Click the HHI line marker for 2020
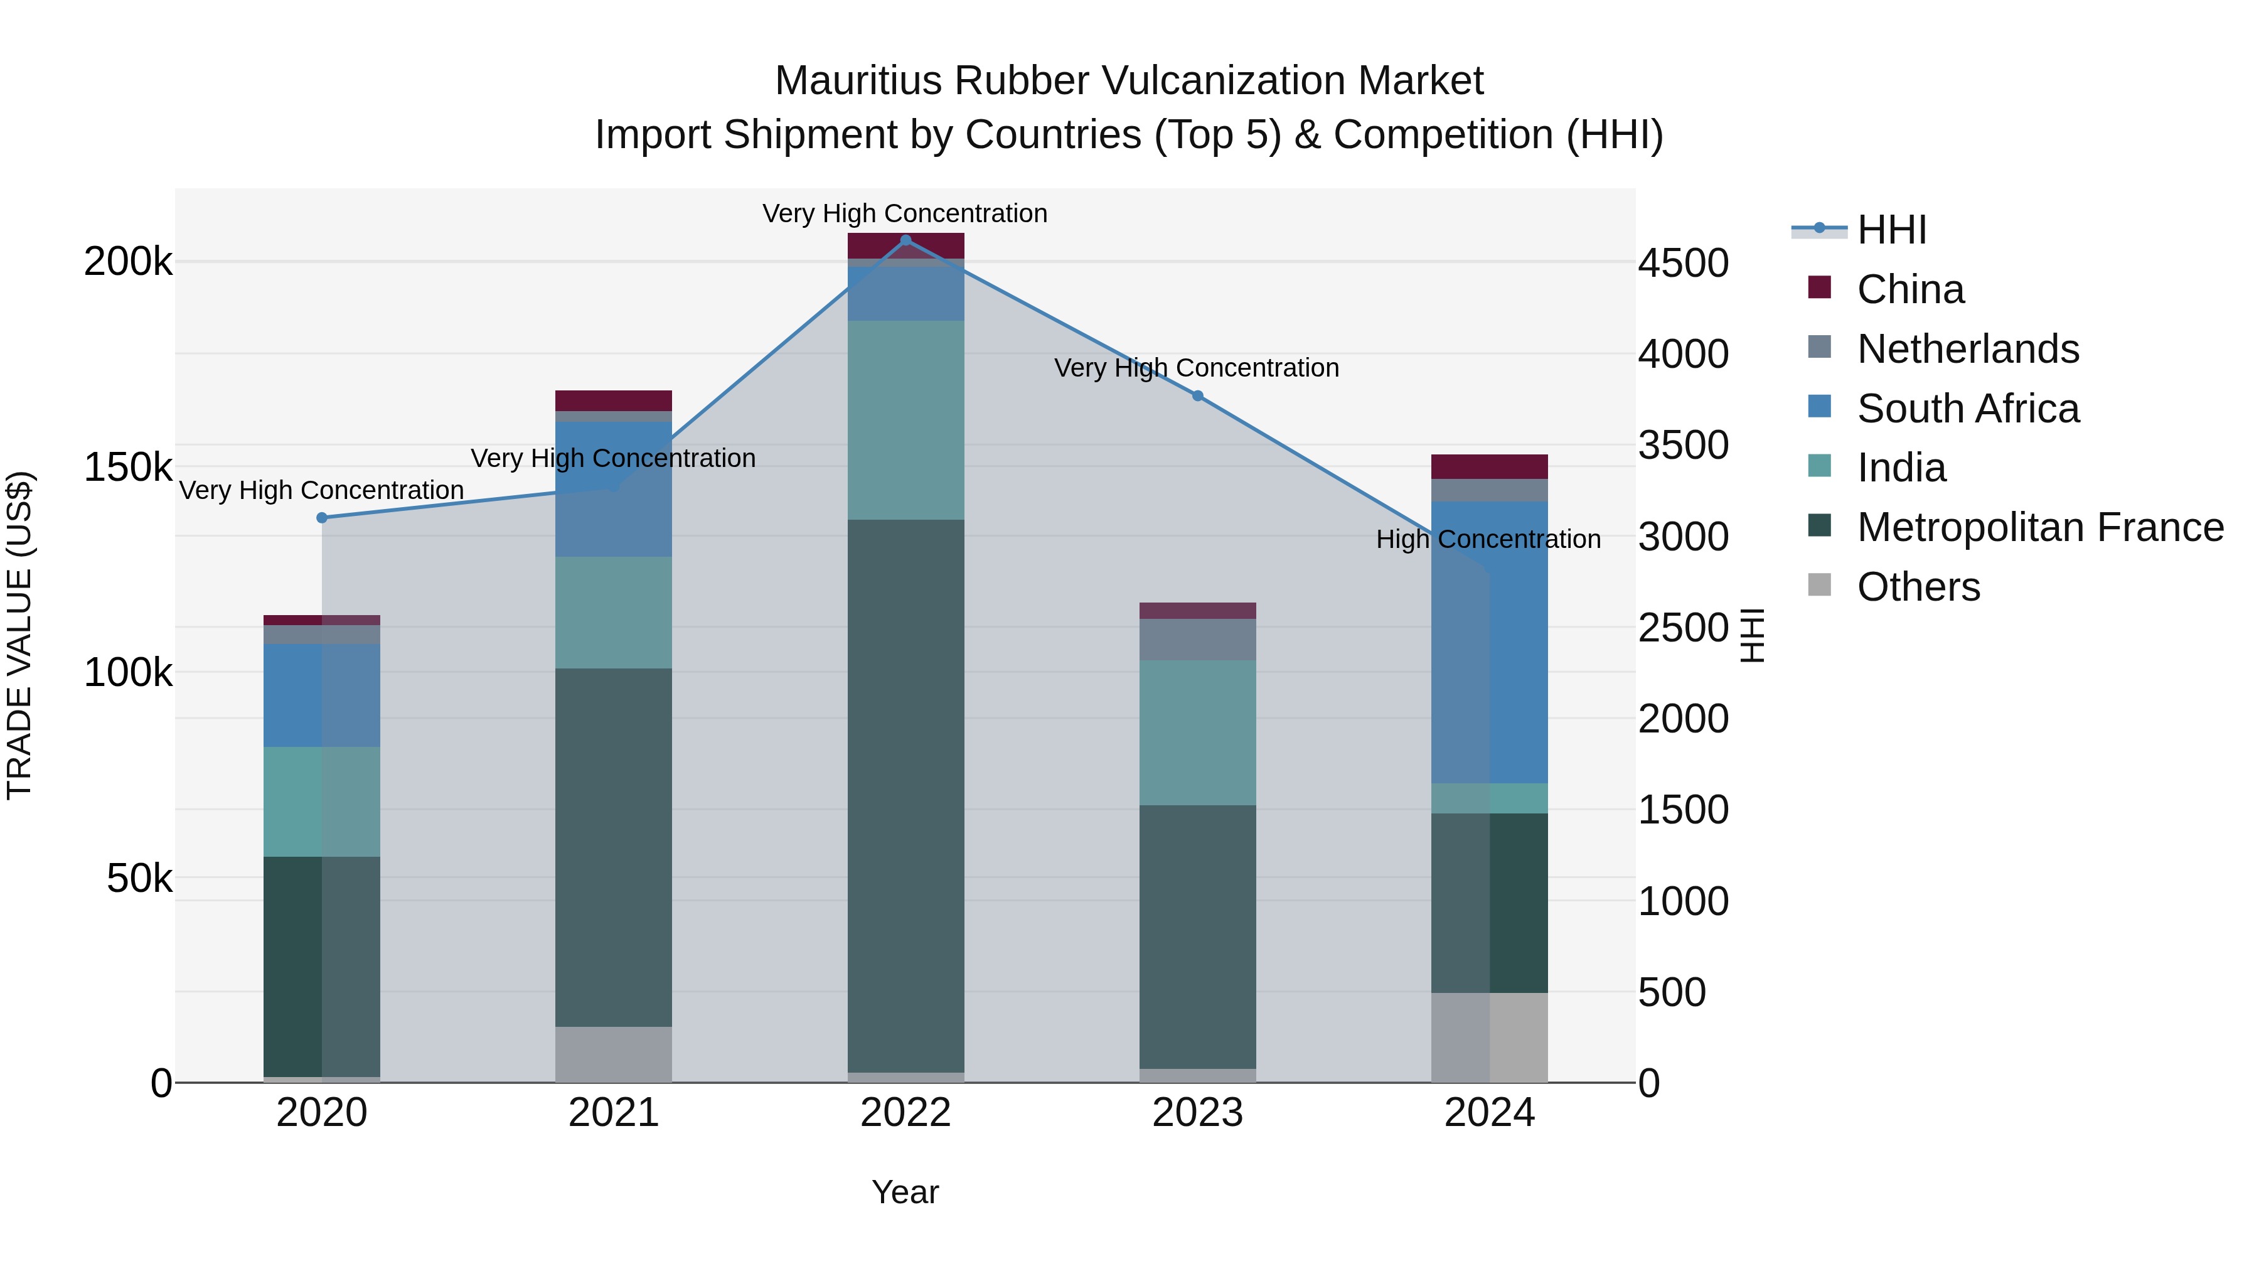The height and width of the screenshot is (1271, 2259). tap(322, 518)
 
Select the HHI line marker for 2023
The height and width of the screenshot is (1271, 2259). tap(1198, 395)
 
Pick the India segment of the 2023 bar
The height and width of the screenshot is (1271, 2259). tap(1198, 732)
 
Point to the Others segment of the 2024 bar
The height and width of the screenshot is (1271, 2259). tap(1489, 1037)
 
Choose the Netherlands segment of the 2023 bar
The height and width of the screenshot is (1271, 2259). tap(1198, 640)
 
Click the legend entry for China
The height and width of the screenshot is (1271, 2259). tap(1910, 289)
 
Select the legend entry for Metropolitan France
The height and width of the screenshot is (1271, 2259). tap(2040, 527)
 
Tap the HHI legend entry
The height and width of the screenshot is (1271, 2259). tap(1891, 230)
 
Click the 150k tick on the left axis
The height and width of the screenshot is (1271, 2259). tap(128, 468)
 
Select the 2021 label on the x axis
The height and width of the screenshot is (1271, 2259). tap(613, 1113)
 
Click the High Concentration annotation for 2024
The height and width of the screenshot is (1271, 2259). tap(1488, 539)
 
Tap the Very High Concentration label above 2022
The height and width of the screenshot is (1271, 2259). tap(904, 213)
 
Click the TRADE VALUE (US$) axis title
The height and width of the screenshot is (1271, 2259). tap(19, 635)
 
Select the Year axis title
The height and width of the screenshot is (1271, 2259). tap(905, 1192)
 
